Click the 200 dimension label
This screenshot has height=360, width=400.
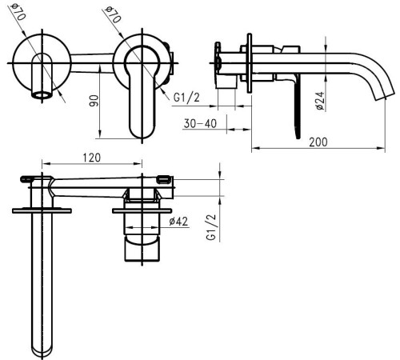[318, 142]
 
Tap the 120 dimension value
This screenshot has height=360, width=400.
[92, 158]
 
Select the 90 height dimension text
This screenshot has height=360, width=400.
[94, 101]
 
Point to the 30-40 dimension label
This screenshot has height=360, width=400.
[200, 124]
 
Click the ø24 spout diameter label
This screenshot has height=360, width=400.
[320, 101]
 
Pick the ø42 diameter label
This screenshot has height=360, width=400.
[178, 222]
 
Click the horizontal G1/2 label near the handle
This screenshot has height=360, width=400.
[186, 98]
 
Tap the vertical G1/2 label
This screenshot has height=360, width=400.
[211, 227]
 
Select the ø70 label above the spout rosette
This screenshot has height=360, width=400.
[18, 12]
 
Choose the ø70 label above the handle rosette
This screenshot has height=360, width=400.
[113, 14]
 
